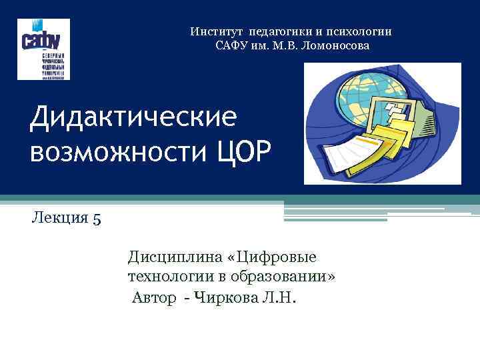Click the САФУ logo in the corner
coord(43,49)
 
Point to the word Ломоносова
coord(332,45)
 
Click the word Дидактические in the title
coord(134,119)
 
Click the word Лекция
coord(57,218)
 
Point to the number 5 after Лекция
coord(97,219)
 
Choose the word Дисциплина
coord(171,257)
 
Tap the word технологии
coord(165,276)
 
